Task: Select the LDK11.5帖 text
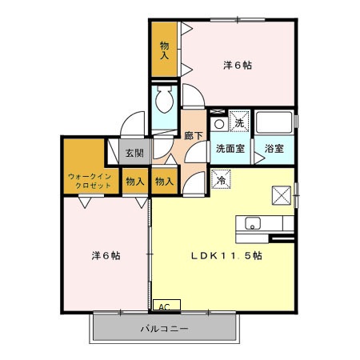(x=226, y=257)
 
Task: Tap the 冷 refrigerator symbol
(x=220, y=180)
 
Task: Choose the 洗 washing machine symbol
(x=239, y=122)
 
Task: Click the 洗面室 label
(x=230, y=149)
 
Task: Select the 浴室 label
(x=274, y=149)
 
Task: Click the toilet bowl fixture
(x=166, y=102)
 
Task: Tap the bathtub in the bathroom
(x=274, y=124)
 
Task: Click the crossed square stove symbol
(x=282, y=194)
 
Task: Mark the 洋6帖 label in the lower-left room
(x=106, y=256)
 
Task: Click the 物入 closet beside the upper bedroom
(x=165, y=50)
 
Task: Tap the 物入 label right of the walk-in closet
(x=134, y=182)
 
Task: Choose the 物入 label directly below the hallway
(x=164, y=182)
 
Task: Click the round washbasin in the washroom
(x=218, y=124)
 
